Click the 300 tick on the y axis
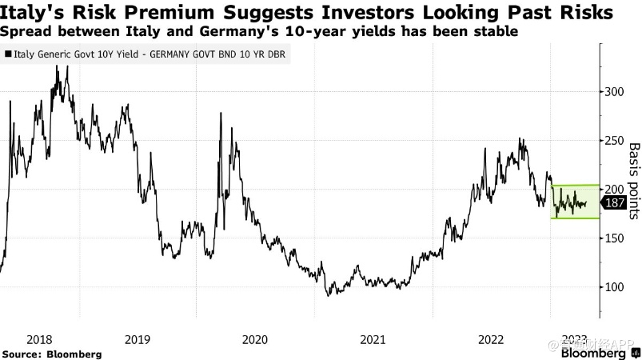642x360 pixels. click(614, 91)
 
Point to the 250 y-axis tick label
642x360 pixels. click(614, 140)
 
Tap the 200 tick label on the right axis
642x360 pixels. click(614, 189)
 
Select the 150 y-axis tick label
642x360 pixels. click(614, 238)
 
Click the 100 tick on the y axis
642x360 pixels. click(614, 286)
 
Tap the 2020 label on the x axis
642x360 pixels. click(255, 339)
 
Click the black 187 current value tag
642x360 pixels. click(615, 203)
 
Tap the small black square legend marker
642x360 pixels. click(8, 55)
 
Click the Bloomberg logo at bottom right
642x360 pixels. click(592, 353)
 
